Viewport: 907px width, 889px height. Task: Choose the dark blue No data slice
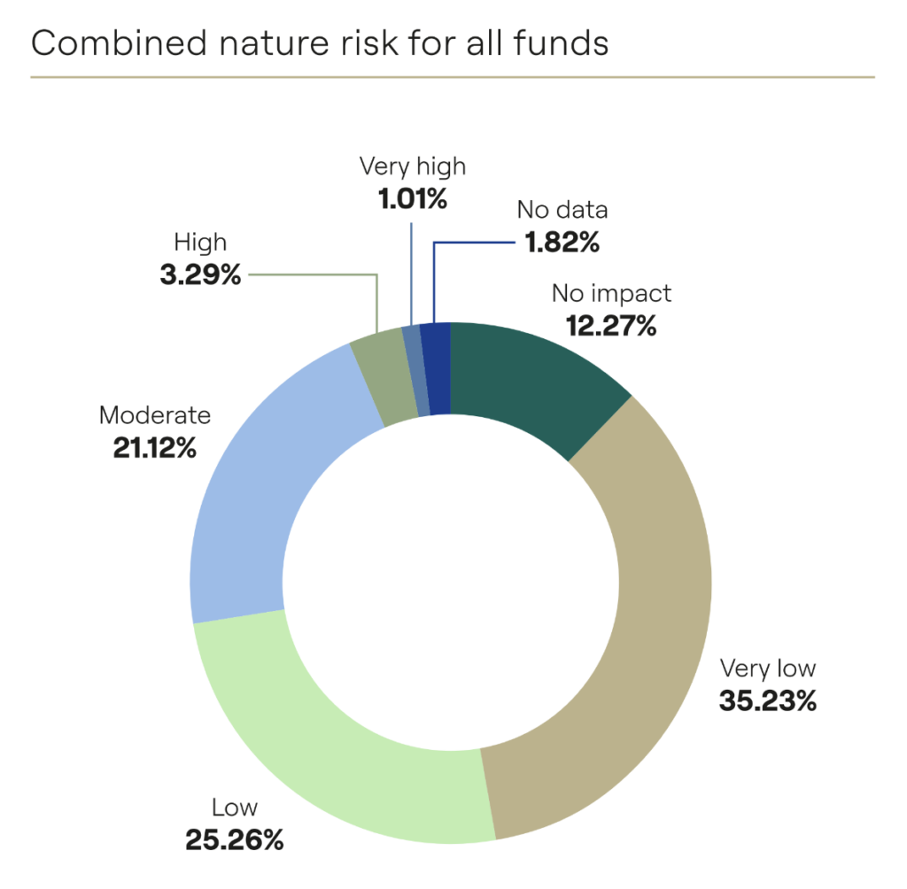435,367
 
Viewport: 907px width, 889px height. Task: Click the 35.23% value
768,701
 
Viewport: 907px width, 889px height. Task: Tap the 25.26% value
234,839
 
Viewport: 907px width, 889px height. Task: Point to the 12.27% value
611,326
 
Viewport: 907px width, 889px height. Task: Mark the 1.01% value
412,198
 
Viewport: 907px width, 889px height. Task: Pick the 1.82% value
562,242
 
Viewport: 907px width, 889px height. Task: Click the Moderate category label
155,414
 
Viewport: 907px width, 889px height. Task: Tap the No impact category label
611,293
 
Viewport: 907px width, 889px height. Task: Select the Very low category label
768,668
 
